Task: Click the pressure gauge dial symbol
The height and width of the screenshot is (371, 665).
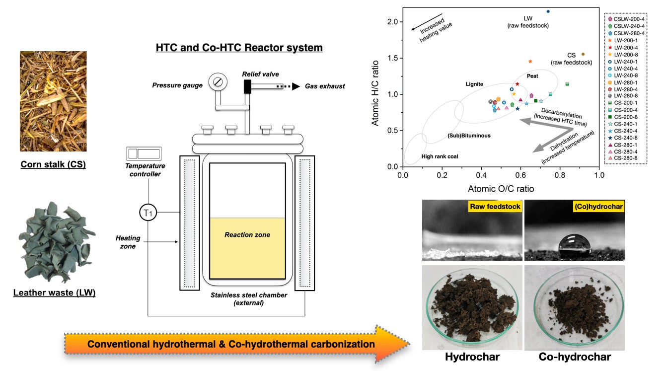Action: tap(217, 81)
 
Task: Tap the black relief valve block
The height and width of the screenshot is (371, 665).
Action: tap(247, 86)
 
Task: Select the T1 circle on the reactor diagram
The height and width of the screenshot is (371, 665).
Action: tap(148, 213)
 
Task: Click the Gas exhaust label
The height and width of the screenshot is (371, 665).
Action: tap(325, 86)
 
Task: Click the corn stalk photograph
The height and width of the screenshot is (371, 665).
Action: tap(53, 101)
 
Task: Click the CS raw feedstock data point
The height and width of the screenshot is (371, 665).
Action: tap(583, 54)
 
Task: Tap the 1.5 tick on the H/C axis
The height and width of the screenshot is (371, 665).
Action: tap(393, 58)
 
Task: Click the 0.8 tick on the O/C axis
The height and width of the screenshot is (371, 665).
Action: tap(560, 175)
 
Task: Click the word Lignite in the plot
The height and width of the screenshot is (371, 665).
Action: tap(474, 84)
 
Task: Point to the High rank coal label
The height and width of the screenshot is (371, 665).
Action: tap(440, 156)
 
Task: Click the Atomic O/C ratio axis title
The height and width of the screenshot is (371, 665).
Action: tap(501, 189)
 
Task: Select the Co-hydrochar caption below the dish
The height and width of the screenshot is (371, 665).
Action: tap(575, 357)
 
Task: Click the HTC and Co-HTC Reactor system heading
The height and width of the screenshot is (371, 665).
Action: tap(239, 48)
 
